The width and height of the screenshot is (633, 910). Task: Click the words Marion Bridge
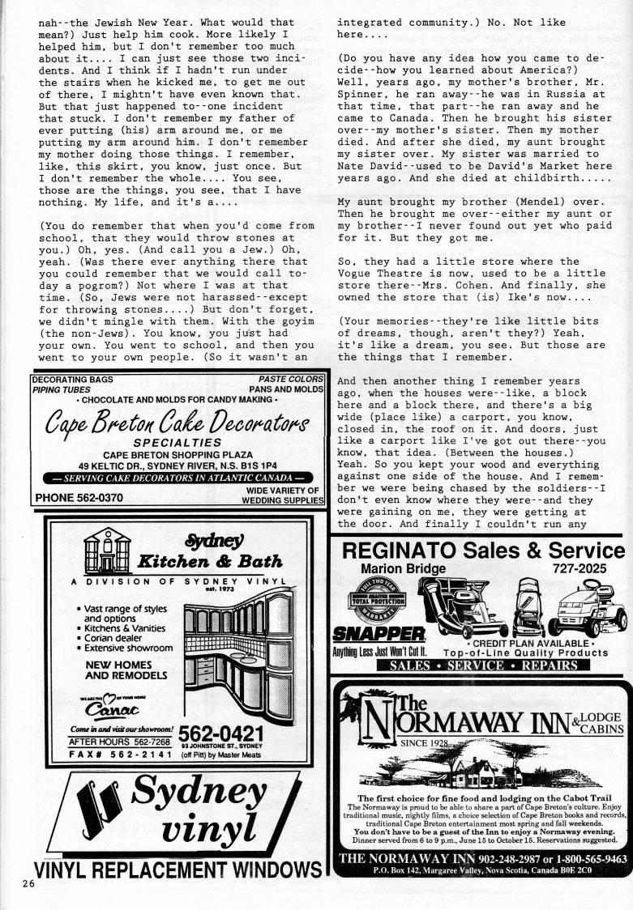(x=403, y=569)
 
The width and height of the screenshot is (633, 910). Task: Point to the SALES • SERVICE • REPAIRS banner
(x=483, y=665)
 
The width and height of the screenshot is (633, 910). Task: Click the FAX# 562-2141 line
(x=119, y=755)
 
